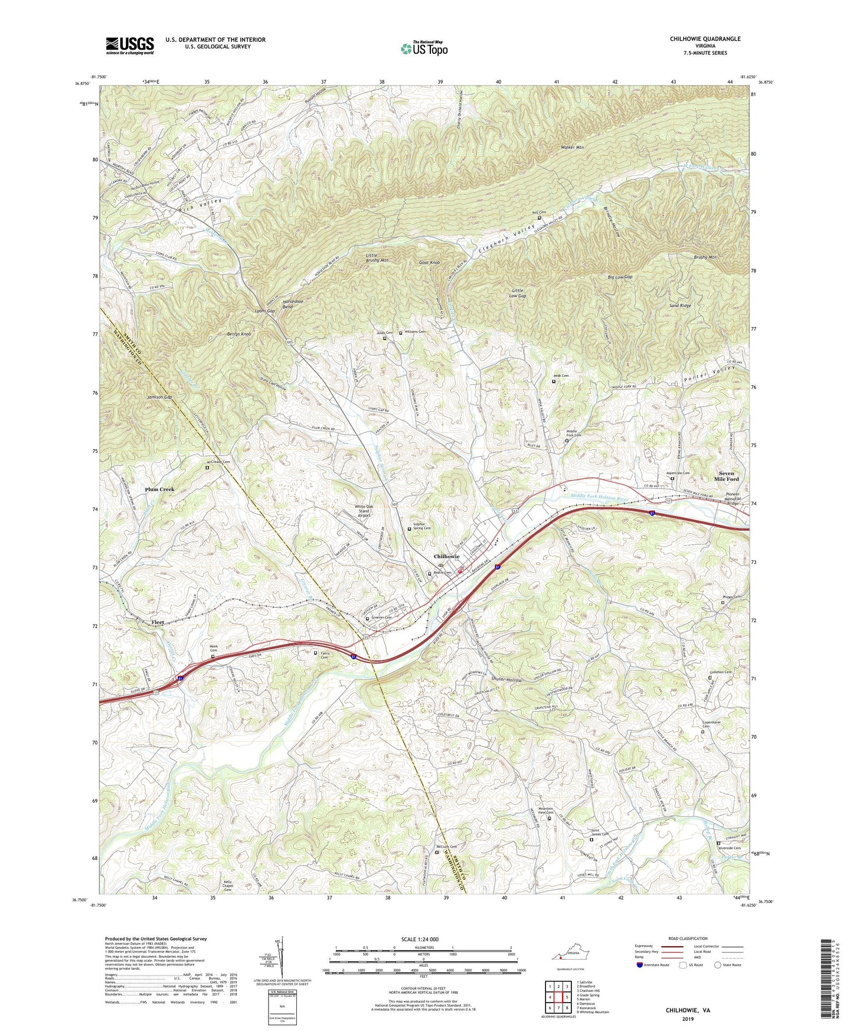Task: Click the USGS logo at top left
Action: click(129, 45)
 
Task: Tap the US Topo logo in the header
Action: click(424, 49)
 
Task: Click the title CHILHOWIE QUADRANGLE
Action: click(705, 38)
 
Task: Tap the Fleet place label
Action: click(158, 622)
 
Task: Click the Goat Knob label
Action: click(429, 262)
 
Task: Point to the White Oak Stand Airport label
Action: click(362, 511)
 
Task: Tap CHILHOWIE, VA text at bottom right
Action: click(688, 1010)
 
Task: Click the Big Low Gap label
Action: click(620, 277)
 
